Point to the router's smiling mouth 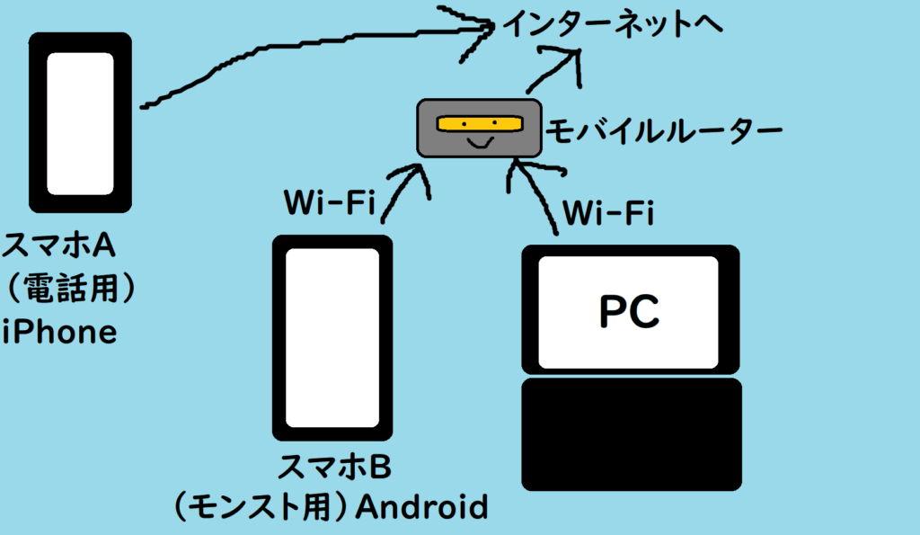479,143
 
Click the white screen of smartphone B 332,337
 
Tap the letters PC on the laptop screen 630,311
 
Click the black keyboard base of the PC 632,434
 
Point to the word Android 421,507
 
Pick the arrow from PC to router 534,193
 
